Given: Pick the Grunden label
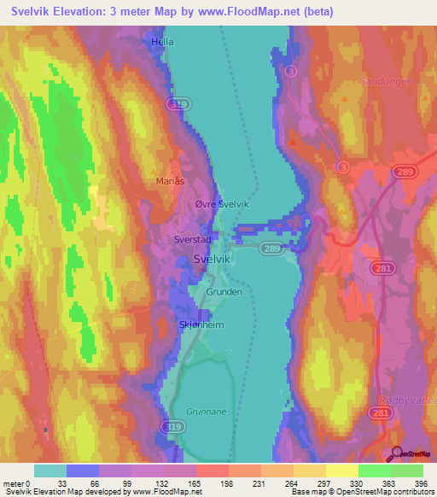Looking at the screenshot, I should (x=224, y=291).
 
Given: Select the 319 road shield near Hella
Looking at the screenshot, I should (x=178, y=103).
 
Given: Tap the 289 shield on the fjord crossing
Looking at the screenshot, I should (x=271, y=248).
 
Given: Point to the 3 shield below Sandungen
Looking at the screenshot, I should (x=343, y=166).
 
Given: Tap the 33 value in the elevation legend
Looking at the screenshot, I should (x=62, y=484).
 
